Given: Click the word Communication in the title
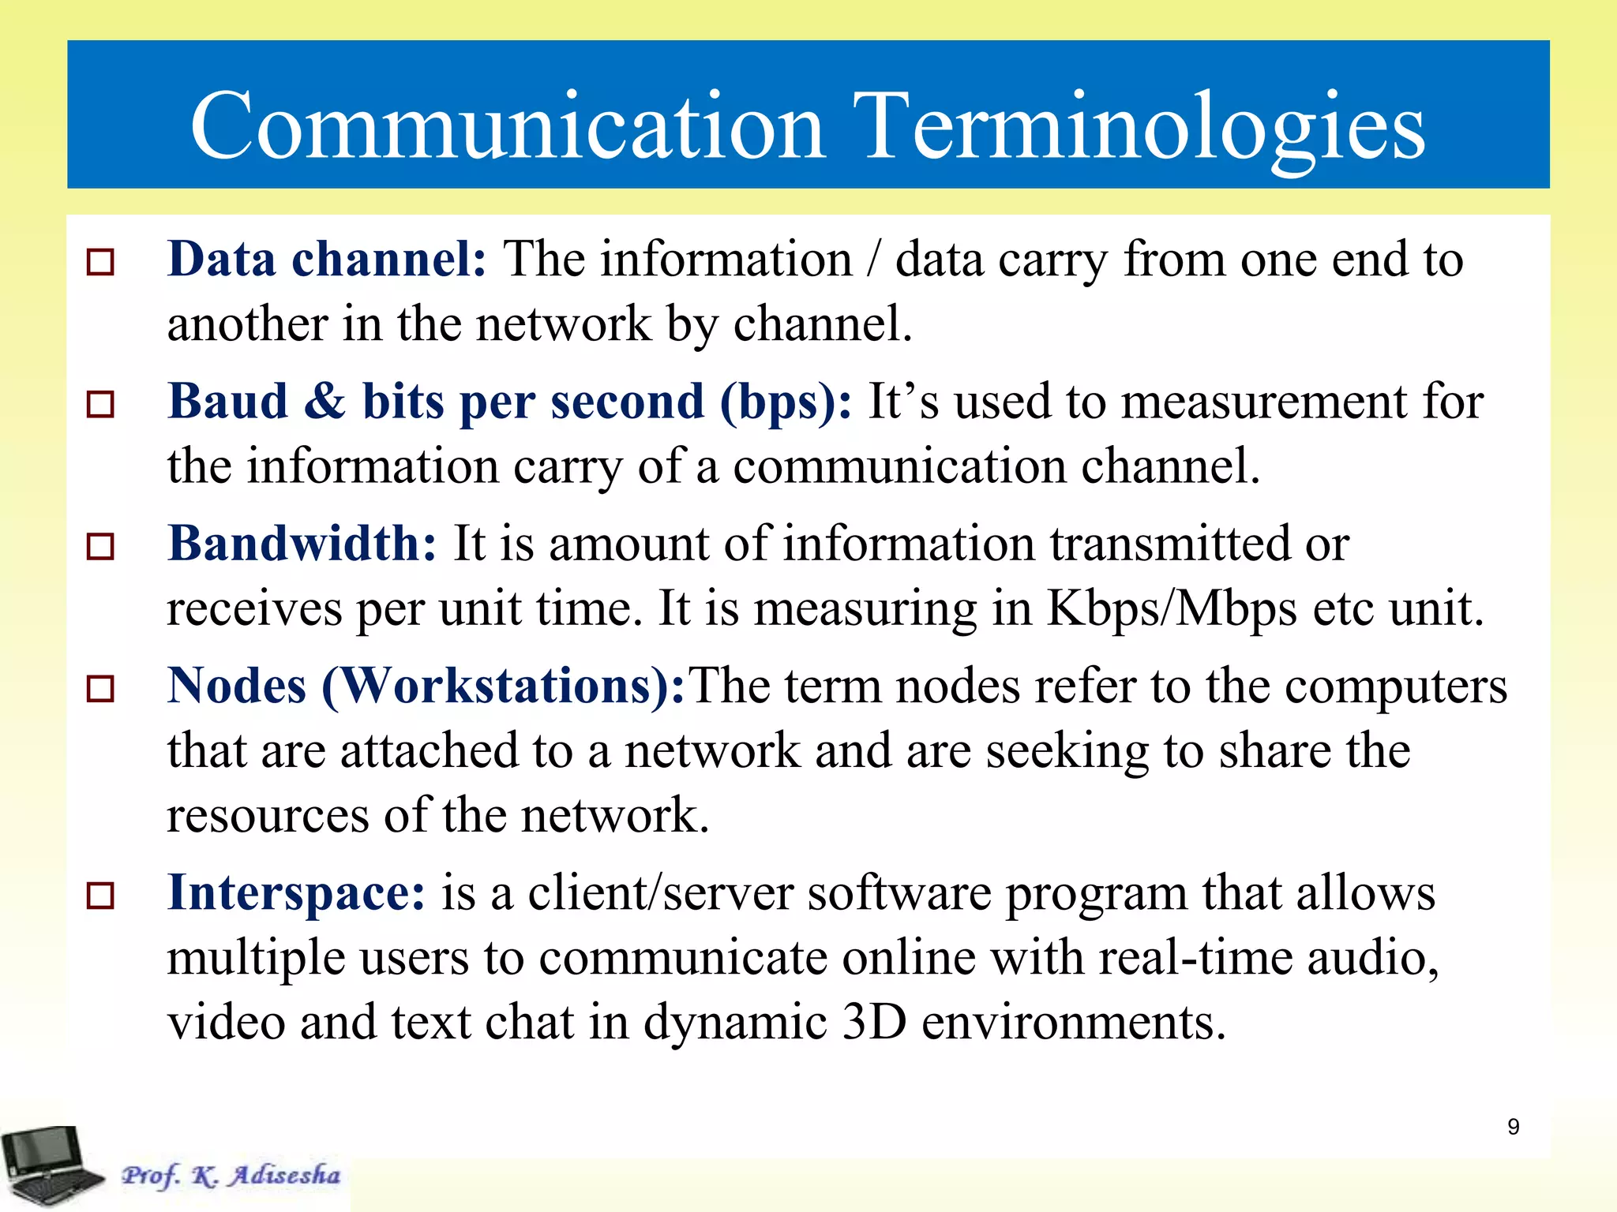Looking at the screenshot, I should [508, 126].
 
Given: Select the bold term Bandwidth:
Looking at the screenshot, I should [302, 544].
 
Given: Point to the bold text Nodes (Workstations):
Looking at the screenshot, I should [426, 686].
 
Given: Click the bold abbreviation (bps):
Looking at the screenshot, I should [786, 402].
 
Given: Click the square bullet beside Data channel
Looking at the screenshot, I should [100, 262].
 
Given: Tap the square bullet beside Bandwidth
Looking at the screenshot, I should [100, 546].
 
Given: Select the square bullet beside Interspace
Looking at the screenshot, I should [100, 896].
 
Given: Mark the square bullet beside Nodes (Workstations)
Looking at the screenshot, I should [100, 689].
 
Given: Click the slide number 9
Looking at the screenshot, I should [1513, 1127].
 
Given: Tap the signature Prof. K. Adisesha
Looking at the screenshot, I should [231, 1175].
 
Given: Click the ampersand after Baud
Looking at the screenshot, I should [325, 402].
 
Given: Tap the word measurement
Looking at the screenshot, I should [1263, 402].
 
